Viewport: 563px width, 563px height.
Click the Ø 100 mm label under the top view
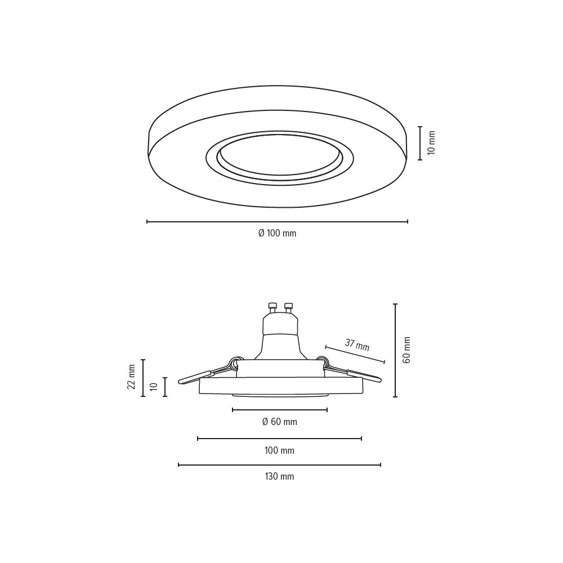coord(277,233)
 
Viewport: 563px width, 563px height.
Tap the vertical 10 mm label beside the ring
coord(432,143)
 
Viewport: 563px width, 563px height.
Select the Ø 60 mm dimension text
coord(280,422)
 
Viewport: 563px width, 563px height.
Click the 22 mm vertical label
coord(131,377)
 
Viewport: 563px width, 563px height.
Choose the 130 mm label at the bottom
coord(279,476)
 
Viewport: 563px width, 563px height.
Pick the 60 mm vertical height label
coord(406,350)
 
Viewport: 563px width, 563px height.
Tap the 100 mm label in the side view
coord(279,450)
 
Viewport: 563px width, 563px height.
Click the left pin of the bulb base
coord(272,308)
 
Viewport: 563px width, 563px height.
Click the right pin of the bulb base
coord(288,308)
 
